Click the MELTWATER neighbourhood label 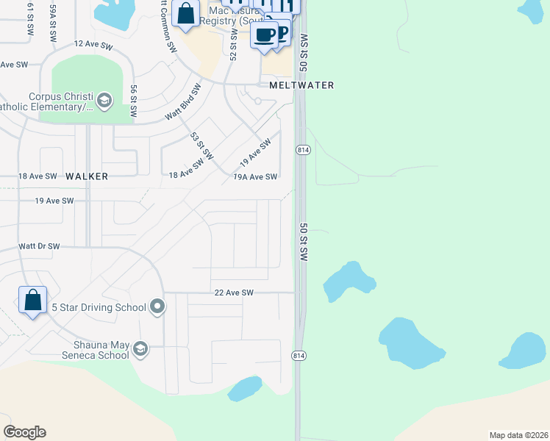point(301,85)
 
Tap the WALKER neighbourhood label point(87,176)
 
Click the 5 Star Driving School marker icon point(157,306)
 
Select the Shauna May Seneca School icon point(140,350)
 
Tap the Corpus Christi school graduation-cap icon point(104,100)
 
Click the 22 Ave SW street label point(234,293)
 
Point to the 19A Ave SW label point(255,177)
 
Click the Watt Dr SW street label point(39,246)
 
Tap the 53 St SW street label point(201,146)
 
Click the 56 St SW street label point(134,101)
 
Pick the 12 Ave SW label point(93,46)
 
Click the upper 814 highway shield point(302,149)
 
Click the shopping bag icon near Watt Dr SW point(32,300)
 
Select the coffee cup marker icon point(264,33)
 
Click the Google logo point(25,431)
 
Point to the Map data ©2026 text point(518,435)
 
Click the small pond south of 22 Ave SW point(245,388)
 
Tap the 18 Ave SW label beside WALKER point(37,176)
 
